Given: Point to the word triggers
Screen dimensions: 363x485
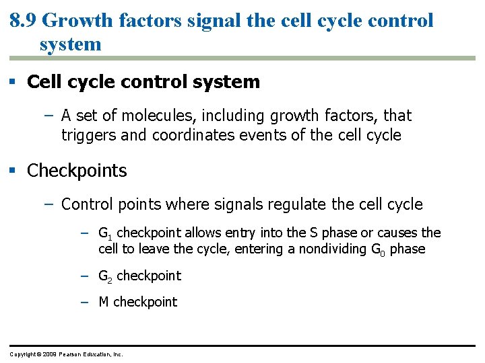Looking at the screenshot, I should (88, 135).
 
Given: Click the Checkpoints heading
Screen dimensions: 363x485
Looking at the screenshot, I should (77, 171).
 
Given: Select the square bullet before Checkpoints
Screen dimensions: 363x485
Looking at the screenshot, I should (13, 171).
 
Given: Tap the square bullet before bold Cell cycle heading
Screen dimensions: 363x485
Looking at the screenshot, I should (13, 83).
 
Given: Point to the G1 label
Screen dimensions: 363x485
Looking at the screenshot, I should (104, 234).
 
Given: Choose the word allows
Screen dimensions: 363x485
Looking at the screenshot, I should (203, 233).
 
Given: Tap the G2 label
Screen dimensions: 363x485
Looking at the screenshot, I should (104, 276).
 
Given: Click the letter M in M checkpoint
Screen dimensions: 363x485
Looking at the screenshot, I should (104, 302).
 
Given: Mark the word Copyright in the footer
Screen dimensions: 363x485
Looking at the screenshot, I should (22, 354).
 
